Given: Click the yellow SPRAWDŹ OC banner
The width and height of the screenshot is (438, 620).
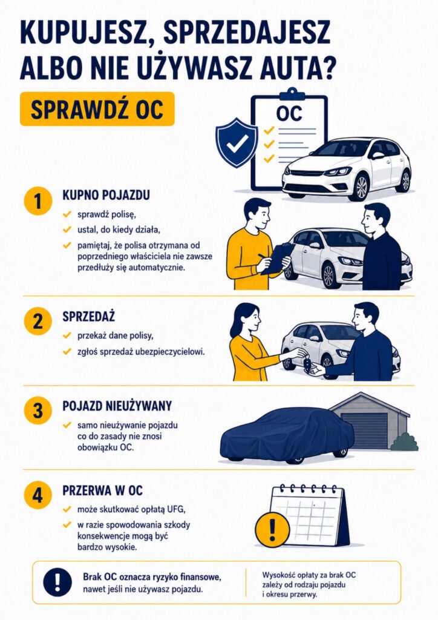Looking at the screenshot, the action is pyautogui.click(x=97, y=109).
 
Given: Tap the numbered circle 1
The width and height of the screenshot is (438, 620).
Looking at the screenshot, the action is pyautogui.click(x=38, y=201).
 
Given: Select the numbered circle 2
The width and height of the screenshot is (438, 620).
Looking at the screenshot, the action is pyautogui.click(x=38, y=321).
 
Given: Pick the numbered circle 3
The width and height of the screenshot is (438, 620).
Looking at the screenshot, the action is pyautogui.click(x=38, y=410).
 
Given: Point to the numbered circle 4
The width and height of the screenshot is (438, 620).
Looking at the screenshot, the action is pyautogui.click(x=38, y=495).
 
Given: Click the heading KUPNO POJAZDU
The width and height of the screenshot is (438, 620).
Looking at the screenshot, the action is pyautogui.click(x=106, y=196).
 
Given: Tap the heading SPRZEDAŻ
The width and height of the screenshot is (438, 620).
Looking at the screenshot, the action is pyautogui.click(x=89, y=316).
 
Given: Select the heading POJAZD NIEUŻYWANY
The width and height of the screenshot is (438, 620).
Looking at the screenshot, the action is pyautogui.click(x=117, y=406).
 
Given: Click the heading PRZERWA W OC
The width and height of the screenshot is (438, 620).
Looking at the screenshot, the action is pyautogui.click(x=103, y=490).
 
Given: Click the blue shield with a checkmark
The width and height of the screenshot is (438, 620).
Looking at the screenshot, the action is pyautogui.click(x=237, y=142).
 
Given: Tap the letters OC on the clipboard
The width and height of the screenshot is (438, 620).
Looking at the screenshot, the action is pyautogui.click(x=289, y=113).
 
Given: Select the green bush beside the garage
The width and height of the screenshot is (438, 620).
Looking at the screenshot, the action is pyautogui.click(x=405, y=442).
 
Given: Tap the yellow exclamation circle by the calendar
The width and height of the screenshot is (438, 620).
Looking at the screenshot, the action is pyautogui.click(x=272, y=528).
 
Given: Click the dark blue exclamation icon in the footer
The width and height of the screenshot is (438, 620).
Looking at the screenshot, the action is pyautogui.click(x=57, y=582).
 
